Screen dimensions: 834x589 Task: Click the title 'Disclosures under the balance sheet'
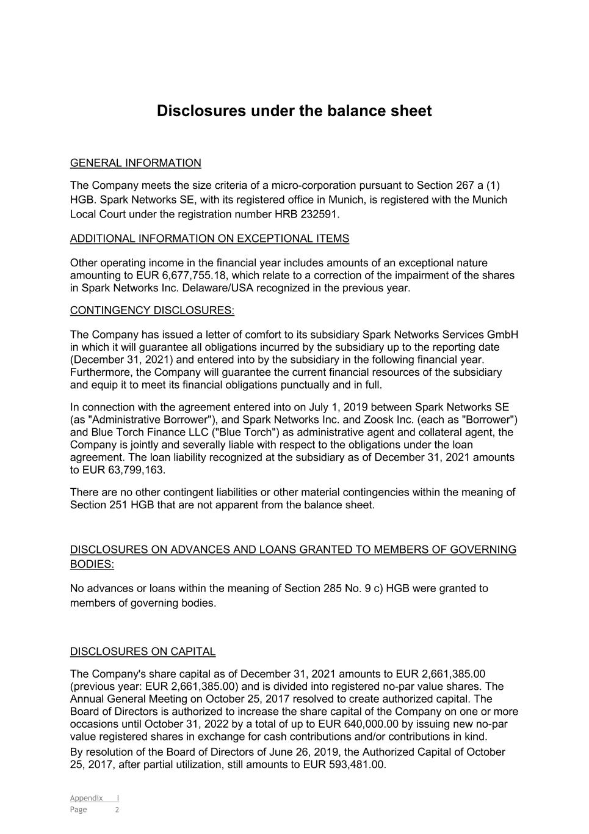(x=294, y=111)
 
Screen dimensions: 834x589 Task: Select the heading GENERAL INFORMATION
(x=136, y=163)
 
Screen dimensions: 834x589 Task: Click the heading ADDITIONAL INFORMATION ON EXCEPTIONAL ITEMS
(x=209, y=239)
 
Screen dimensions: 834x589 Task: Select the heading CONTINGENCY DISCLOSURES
(x=152, y=310)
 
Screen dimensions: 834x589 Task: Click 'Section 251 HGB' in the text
(x=112, y=505)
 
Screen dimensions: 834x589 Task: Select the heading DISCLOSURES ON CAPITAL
(x=143, y=652)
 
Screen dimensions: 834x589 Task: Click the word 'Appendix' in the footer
(x=86, y=798)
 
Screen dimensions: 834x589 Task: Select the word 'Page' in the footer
(x=79, y=810)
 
